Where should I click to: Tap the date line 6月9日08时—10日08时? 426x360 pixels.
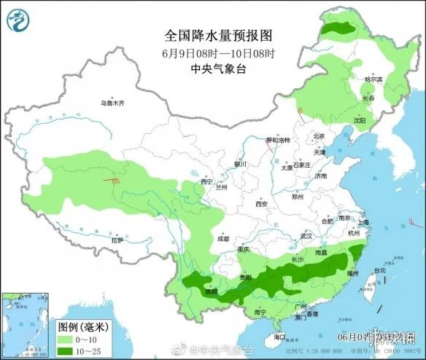[x=212, y=53]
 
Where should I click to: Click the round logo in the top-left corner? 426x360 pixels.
[x=17, y=20]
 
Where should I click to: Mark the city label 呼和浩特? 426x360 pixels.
[x=277, y=140]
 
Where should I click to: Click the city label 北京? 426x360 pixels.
[x=318, y=136]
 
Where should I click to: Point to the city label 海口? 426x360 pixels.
[x=279, y=337]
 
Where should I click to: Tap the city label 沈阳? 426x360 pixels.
[x=359, y=119]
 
